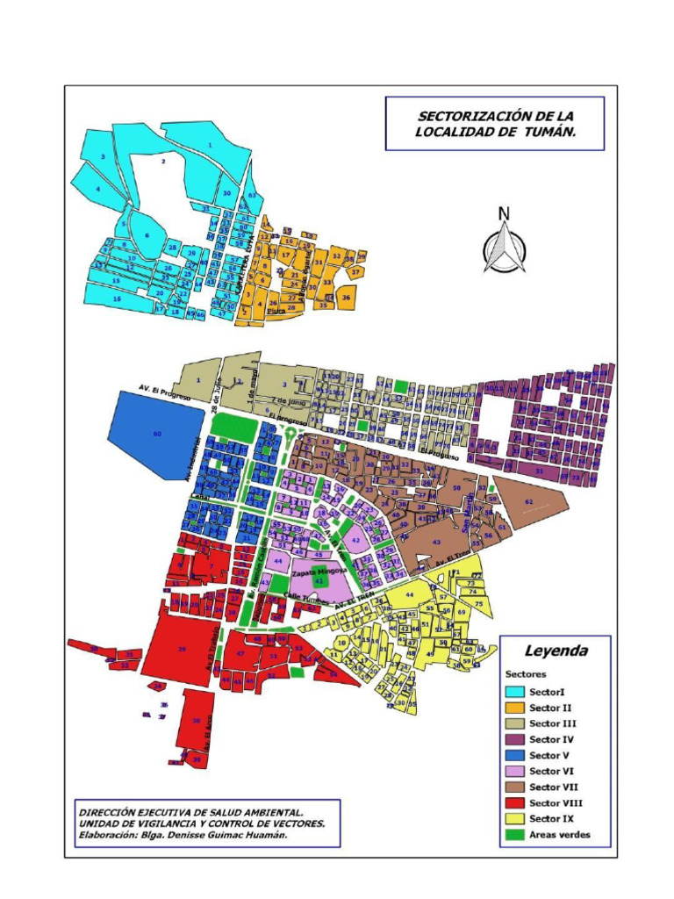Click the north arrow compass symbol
tap(505, 241)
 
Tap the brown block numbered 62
tap(529, 503)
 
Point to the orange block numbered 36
tap(346, 298)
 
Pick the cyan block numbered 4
tap(98, 189)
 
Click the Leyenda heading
tap(556, 651)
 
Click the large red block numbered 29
tap(182, 649)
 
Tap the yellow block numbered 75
tap(478, 604)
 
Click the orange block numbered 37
tap(355, 273)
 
